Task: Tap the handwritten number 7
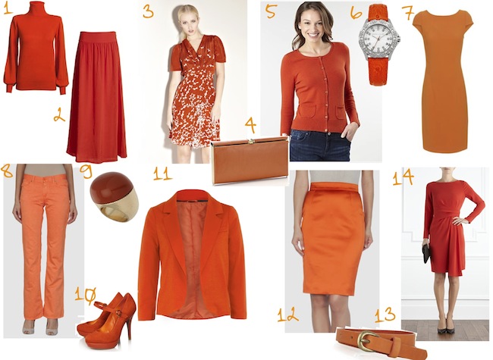click(x=408, y=12)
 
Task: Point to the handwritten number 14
click(x=403, y=177)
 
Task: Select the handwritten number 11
click(x=162, y=174)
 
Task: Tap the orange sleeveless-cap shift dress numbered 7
click(x=443, y=80)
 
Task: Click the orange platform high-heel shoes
click(x=107, y=321)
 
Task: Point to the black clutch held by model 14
click(x=426, y=254)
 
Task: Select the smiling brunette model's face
click(x=312, y=23)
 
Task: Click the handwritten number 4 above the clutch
click(x=250, y=126)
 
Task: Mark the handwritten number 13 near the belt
click(x=385, y=314)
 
